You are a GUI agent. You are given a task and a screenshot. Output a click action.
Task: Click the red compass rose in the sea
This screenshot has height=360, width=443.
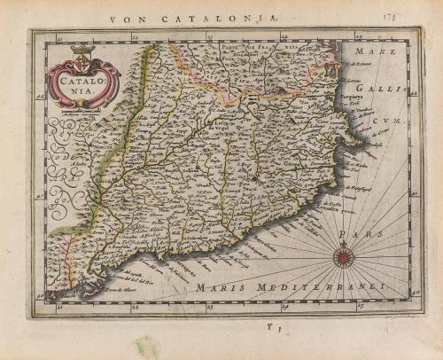tap(342, 257)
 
